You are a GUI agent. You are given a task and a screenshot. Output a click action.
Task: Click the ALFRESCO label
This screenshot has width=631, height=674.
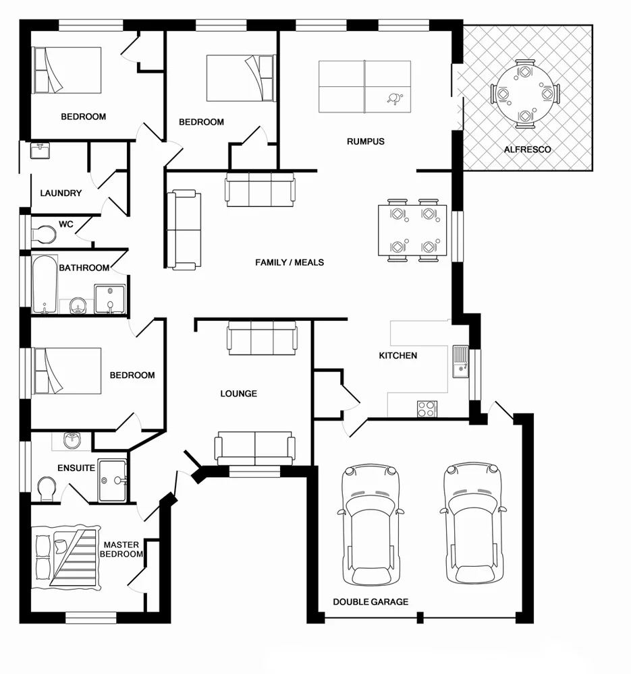527,149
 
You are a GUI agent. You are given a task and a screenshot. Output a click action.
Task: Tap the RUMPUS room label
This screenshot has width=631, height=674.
365,142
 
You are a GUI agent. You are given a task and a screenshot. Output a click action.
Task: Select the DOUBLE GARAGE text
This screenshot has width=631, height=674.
371,601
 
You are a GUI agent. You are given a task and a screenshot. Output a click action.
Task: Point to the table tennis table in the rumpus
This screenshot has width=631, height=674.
364,86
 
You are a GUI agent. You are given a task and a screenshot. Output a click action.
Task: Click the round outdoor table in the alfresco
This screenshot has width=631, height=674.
526,94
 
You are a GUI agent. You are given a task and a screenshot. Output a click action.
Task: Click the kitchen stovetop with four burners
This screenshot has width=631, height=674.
427,408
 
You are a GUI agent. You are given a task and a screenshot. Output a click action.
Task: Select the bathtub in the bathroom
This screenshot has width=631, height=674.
45,284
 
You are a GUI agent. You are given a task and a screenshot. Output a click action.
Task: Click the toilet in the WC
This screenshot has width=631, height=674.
43,235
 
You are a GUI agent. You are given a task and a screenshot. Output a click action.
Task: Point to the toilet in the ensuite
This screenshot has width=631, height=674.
47,488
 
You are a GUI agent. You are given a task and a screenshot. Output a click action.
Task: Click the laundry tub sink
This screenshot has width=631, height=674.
40,150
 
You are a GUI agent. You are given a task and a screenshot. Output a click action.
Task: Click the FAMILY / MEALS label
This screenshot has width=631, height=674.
290,262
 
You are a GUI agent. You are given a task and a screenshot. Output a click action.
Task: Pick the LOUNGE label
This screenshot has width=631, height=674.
238,394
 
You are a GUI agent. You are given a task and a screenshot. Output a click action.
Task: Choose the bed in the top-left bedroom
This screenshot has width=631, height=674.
67,69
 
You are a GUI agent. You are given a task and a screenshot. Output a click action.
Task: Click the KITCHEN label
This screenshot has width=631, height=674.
397,355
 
